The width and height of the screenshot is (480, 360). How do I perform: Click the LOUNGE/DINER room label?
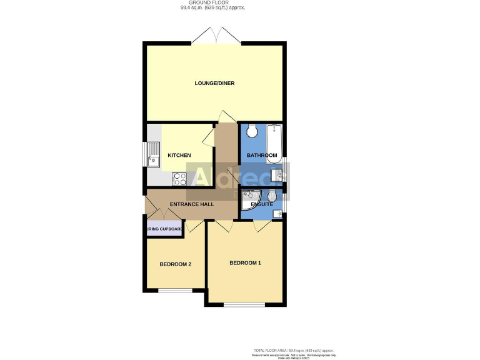tap(214, 83)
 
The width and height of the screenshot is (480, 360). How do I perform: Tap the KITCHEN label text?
tap(179, 155)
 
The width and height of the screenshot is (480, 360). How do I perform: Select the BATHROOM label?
tap(261, 155)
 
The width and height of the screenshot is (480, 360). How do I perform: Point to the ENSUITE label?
tap(261, 204)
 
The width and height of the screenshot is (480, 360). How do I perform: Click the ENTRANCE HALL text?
tap(192, 204)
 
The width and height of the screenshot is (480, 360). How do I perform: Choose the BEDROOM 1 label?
tap(245, 263)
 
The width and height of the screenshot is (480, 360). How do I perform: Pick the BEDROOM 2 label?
tap(175, 264)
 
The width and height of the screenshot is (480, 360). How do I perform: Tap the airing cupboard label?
tap(164, 229)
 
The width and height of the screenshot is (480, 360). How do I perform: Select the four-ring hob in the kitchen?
tap(179, 179)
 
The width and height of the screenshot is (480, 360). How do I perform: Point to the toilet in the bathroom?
tap(251, 131)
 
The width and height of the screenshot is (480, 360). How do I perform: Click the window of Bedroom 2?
tap(174, 290)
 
